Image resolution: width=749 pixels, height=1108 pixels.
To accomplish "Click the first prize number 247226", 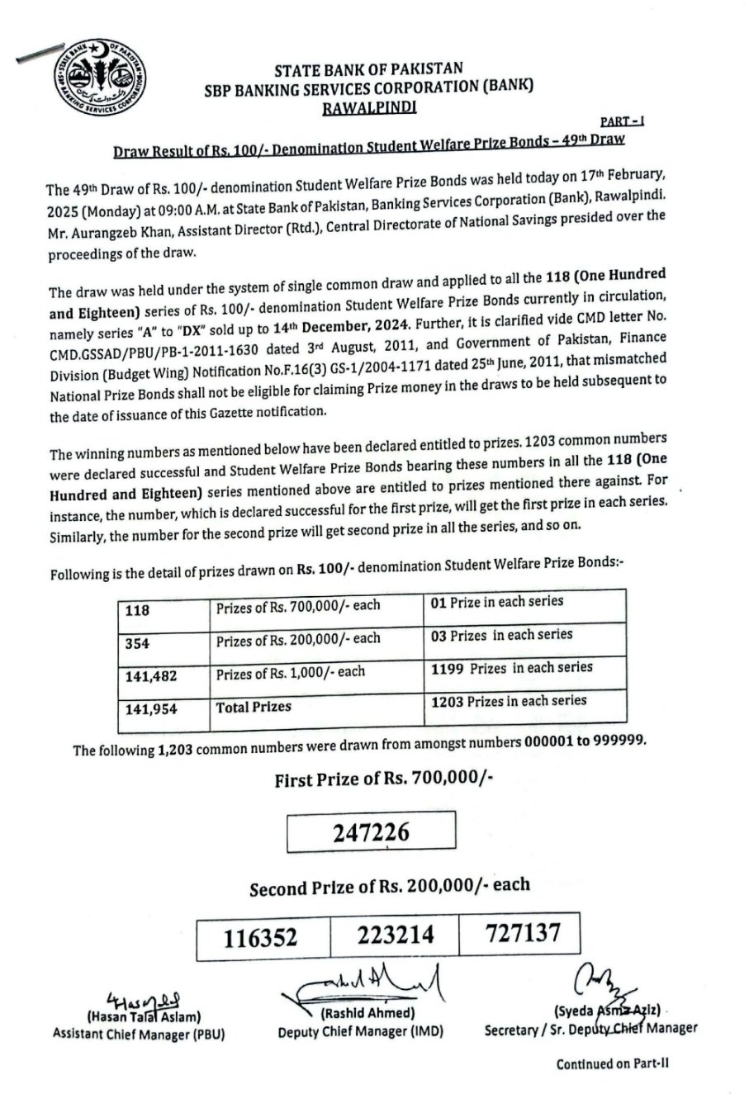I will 371,832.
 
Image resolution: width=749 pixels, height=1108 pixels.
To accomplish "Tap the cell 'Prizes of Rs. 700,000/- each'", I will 298,606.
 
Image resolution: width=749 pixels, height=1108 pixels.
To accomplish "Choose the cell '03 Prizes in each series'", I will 501,635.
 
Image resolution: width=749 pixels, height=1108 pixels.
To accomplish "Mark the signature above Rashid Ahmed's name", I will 363,984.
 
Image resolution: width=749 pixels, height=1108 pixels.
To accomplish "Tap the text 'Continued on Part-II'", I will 611,1064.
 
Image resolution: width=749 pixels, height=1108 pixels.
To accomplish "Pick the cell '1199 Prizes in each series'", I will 511,667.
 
